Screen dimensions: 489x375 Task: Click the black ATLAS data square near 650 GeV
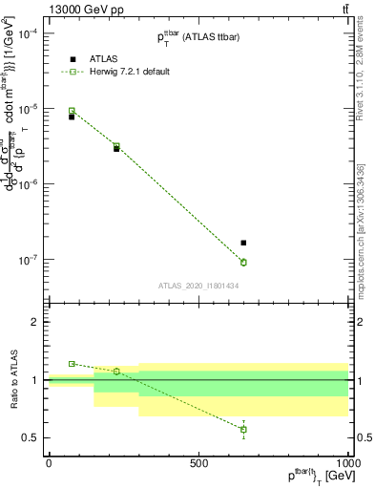(x=243, y=243)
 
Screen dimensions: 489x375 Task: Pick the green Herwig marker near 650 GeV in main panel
(x=243, y=262)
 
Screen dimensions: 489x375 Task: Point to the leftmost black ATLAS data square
(x=72, y=117)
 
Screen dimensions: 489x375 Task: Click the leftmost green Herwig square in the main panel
(x=72, y=111)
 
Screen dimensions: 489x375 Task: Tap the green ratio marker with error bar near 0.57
(x=243, y=429)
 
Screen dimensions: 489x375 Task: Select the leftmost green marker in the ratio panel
(x=72, y=364)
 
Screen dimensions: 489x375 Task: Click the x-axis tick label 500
(x=198, y=462)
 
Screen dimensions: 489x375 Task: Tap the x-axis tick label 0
(x=49, y=462)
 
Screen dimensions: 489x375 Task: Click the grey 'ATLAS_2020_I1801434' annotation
(x=198, y=286)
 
